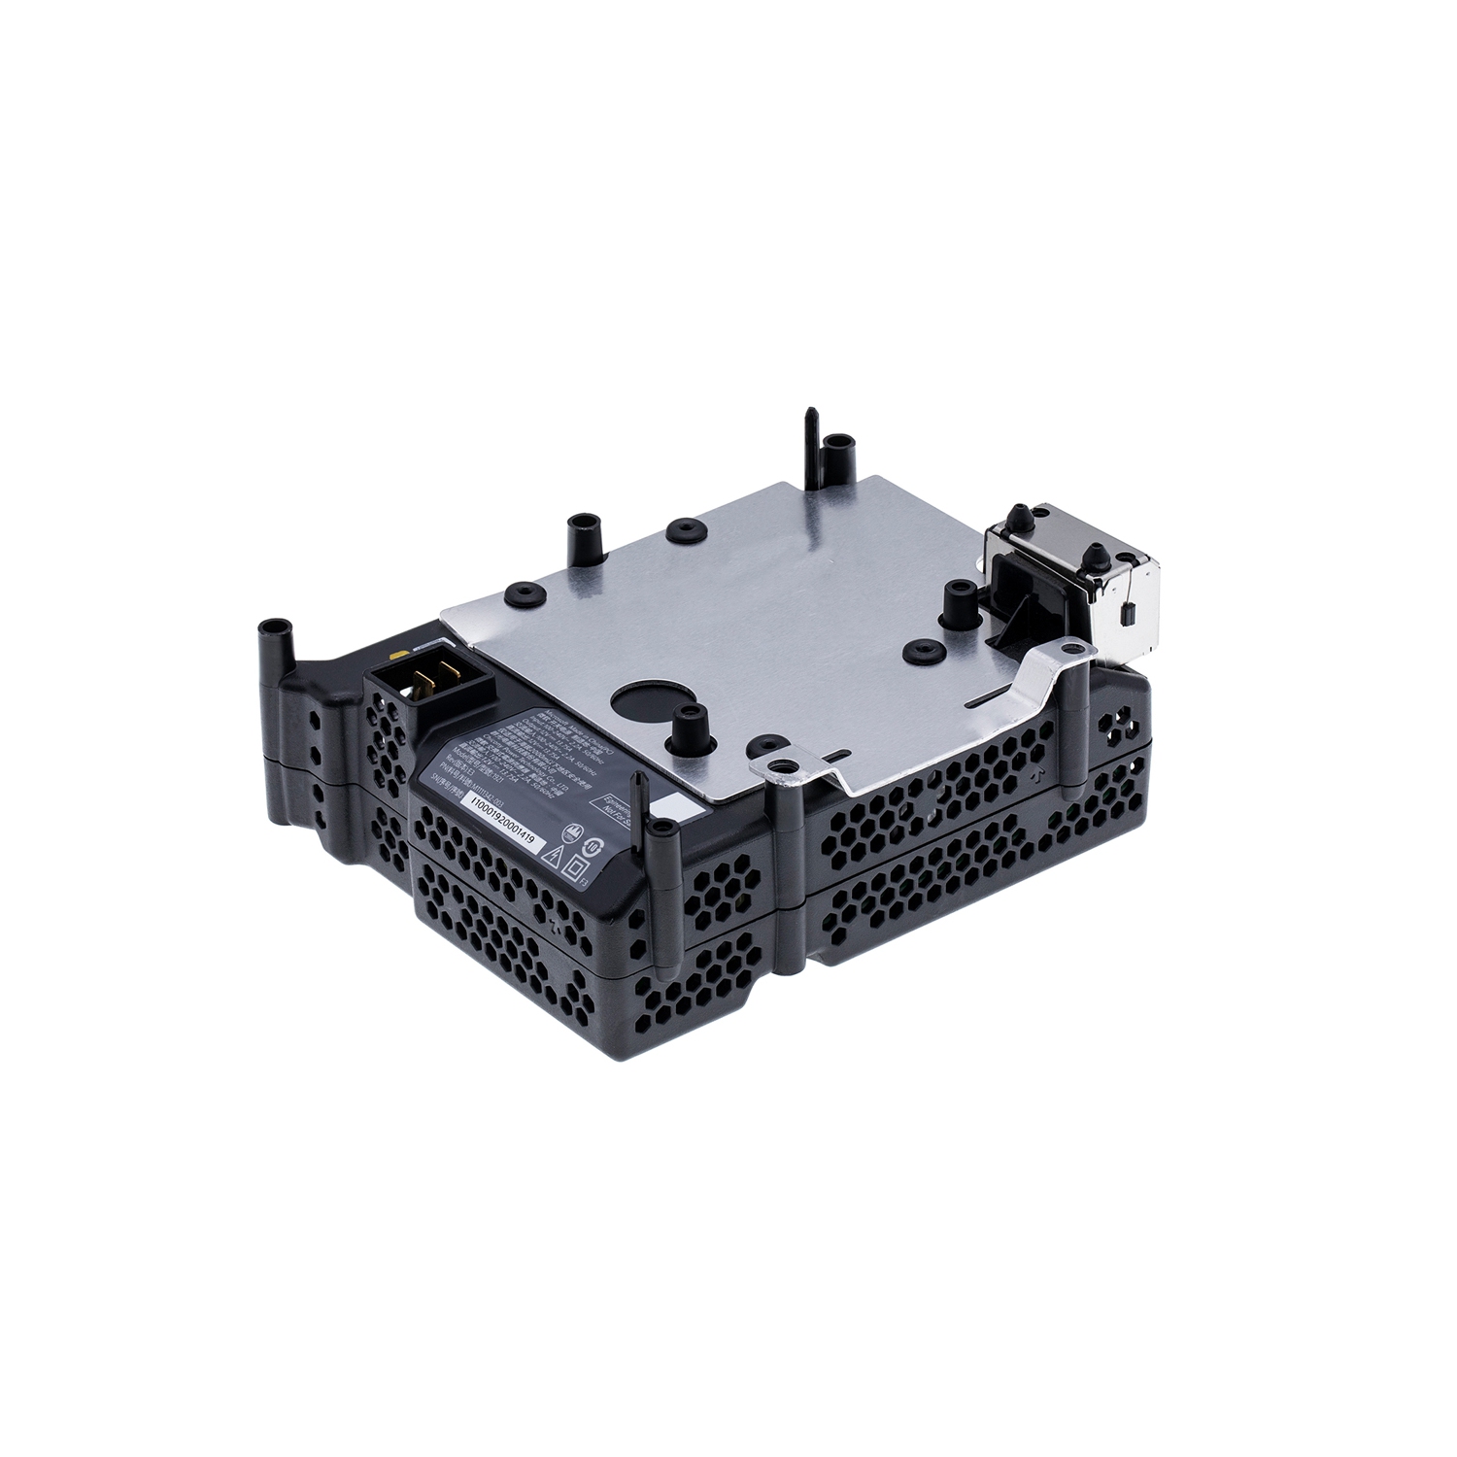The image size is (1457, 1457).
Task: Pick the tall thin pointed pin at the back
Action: click(x=810, y=434)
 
